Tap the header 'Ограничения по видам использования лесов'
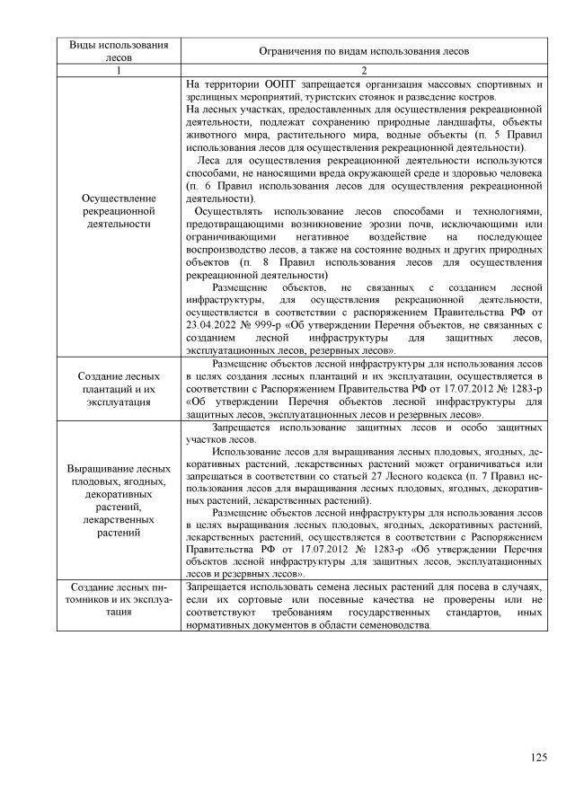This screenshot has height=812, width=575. [x=364, y=51]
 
